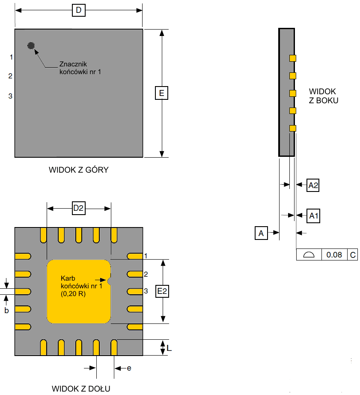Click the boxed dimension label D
click(78, 10)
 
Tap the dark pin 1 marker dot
click(31, 45)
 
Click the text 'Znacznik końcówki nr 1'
click(80, 68)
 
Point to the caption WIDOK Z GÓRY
click(78, 170)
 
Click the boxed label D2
click(78, 209)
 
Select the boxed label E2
click(162, 291)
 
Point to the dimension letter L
click(170, 349)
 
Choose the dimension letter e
click(128, 368)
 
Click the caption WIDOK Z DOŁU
click(81, 389)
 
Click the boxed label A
click(260, 233)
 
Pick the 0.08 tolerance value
click(334, 254)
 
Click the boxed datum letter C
click(353, 254)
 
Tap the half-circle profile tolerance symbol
click(309, 254)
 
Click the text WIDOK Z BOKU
click(324, 96)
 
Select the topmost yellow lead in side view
click(293, 58)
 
